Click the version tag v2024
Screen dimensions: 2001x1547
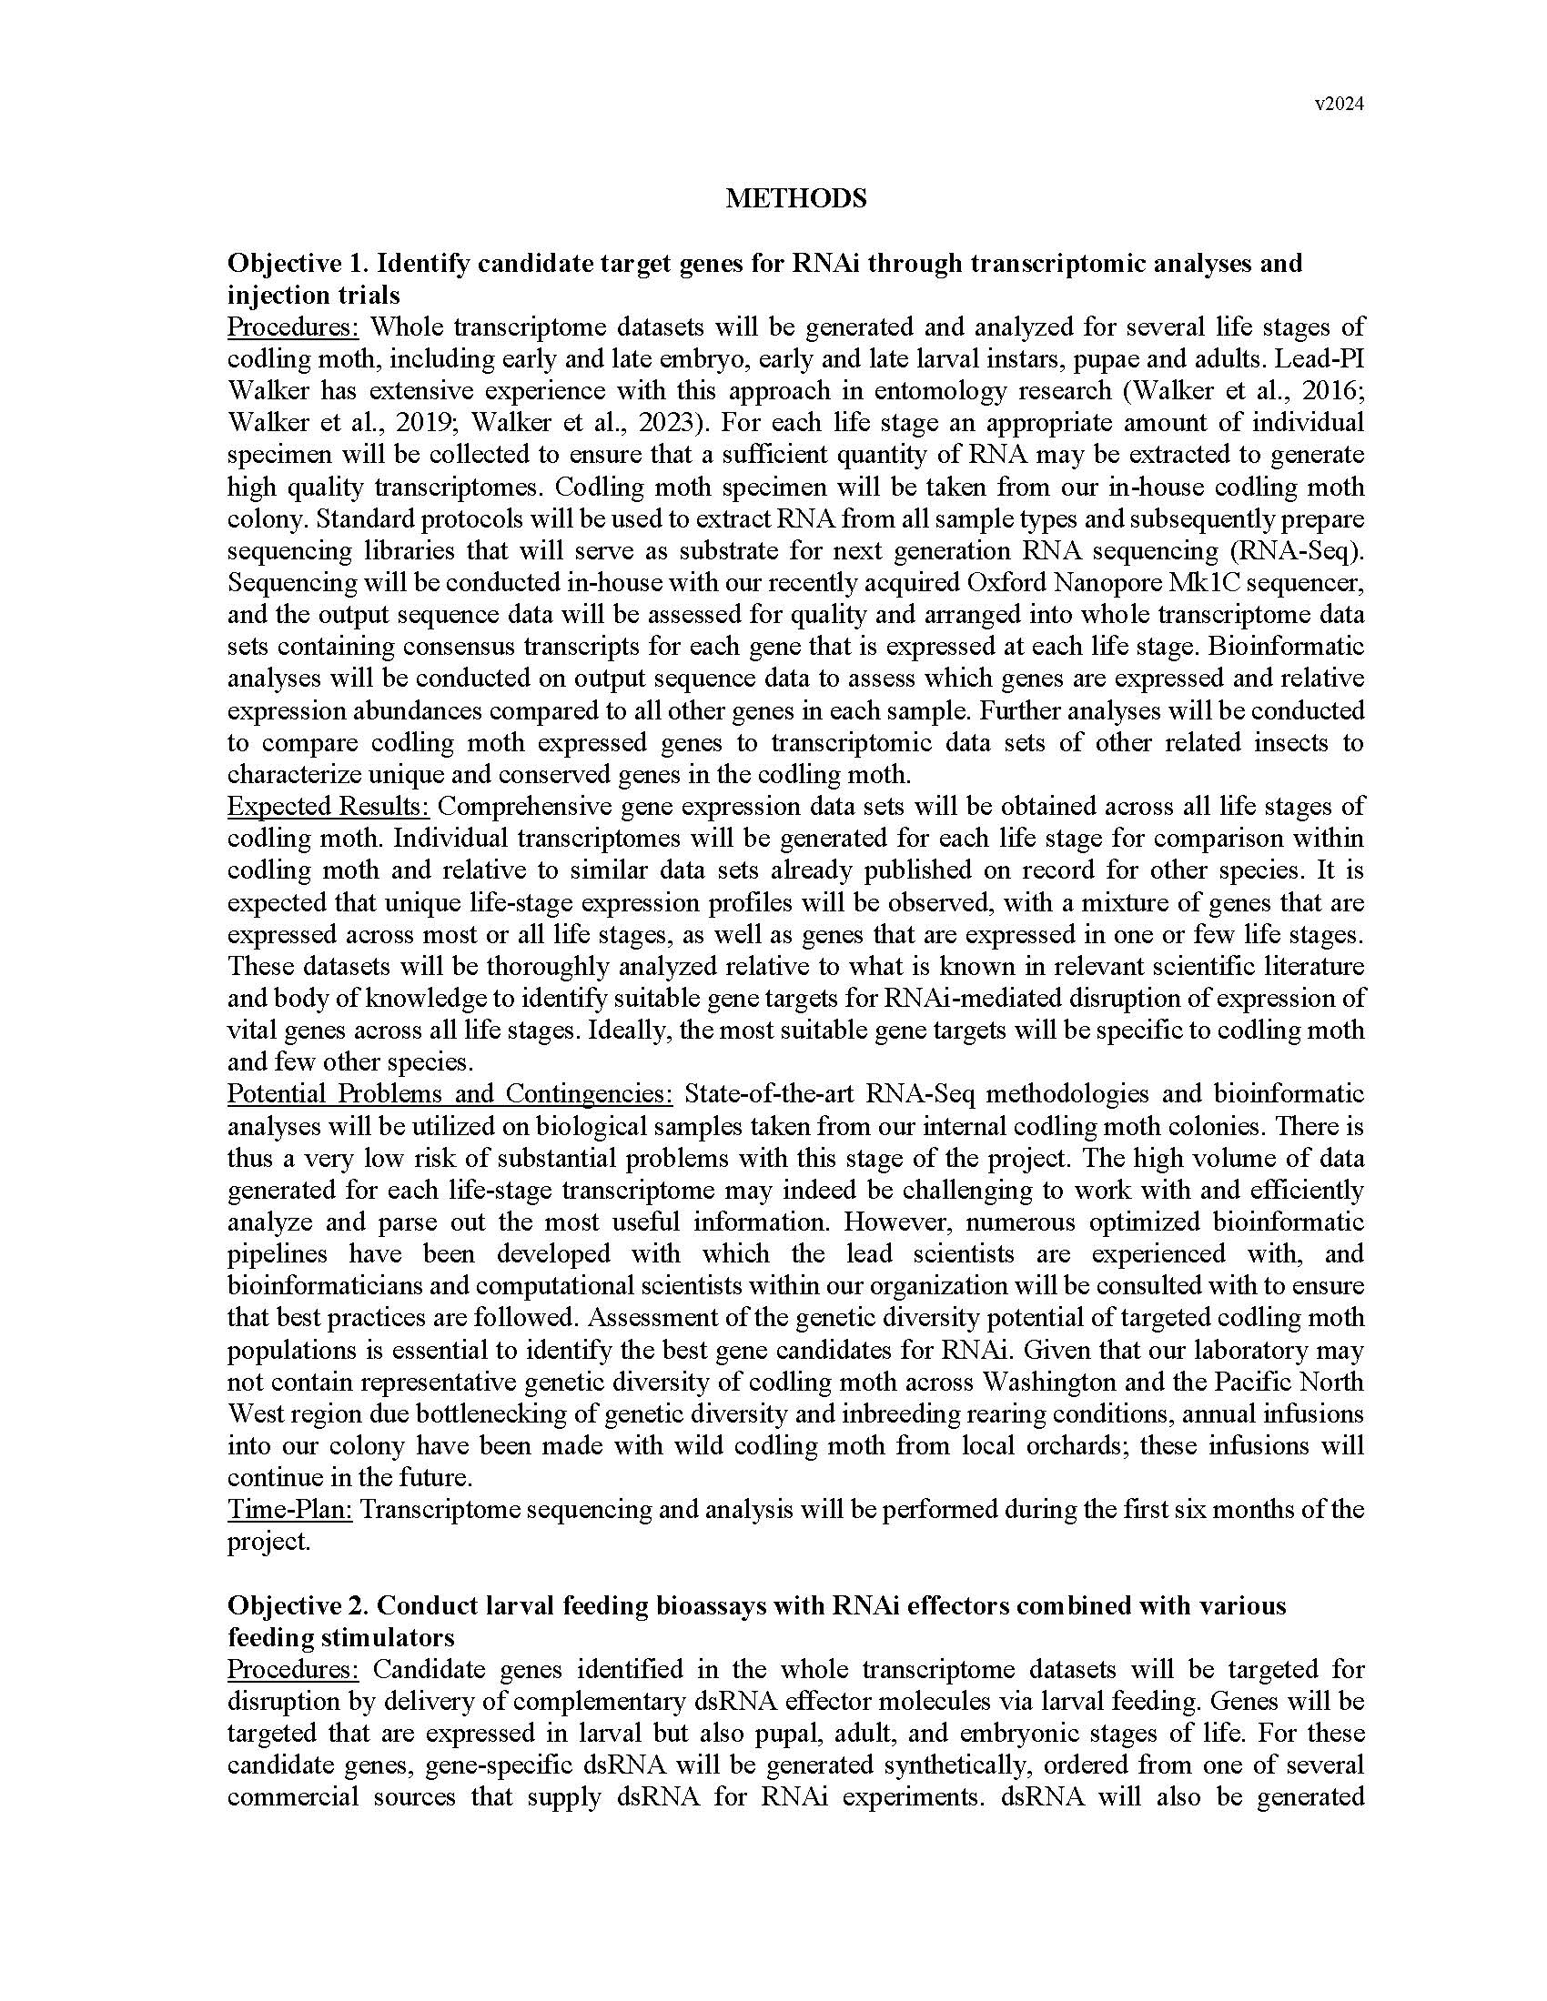pos(1339,105)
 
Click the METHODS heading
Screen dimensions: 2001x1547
pos(795,199)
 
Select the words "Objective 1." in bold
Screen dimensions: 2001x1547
pos(298,264)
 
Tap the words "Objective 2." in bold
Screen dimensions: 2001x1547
pos(298,1605)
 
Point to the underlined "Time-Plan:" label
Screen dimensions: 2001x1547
pos(289,1509)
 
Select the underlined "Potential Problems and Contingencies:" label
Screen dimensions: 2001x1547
pos(450,1093)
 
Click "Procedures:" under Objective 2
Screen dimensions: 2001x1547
pos(293,1669)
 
